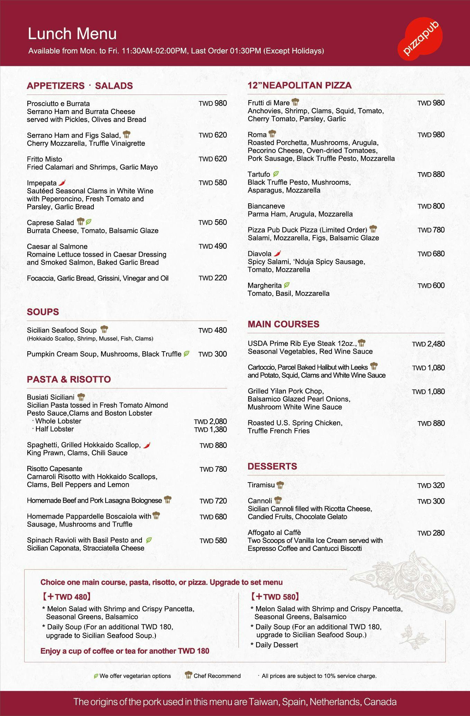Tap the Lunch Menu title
[72, 34]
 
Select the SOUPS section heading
[43, 312]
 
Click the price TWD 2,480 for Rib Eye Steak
[428, 344]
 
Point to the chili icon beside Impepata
[62, 183]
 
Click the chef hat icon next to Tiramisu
[280, 485]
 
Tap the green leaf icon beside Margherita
[287, 285]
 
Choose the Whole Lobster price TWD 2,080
[210, 422]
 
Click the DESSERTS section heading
[272, 466]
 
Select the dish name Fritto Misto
[44, 159]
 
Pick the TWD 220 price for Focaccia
[213, 278]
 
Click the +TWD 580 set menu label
[275, 596]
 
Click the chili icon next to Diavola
[277, 254]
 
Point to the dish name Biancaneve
[266, 206]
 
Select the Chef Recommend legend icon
[188, 675]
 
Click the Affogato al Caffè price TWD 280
[431, 533]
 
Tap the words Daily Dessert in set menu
[277, 645]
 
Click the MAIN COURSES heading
[283, 324]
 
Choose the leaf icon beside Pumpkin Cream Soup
[186, 354]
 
